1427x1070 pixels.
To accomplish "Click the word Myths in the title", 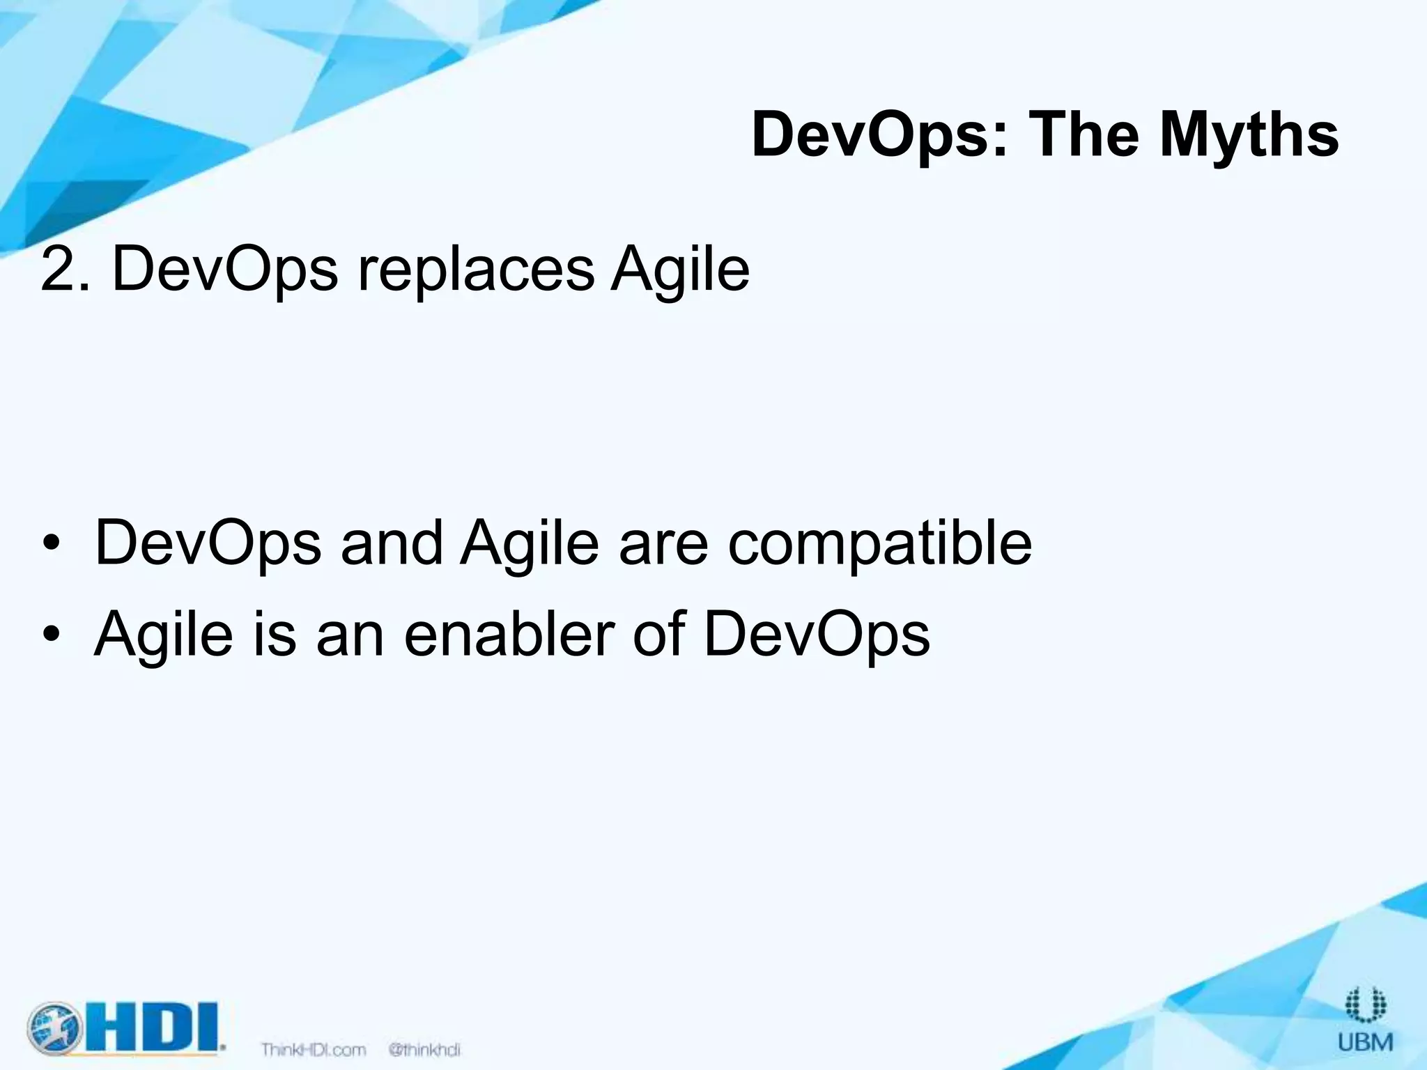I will [x=1249, y=135].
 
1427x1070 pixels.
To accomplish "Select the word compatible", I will [x=879, y=544].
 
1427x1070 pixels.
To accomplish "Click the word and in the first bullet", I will [x=392, y=543].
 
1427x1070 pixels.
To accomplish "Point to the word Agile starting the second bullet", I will [x=163, y=635].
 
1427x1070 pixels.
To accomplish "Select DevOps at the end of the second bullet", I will [x=817, y=635].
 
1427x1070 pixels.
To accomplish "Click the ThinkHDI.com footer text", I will [x=314, y=1049].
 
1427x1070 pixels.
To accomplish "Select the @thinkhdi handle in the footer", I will [x=424, y=1049].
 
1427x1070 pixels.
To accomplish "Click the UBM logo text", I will [x=1366, y=1043].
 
